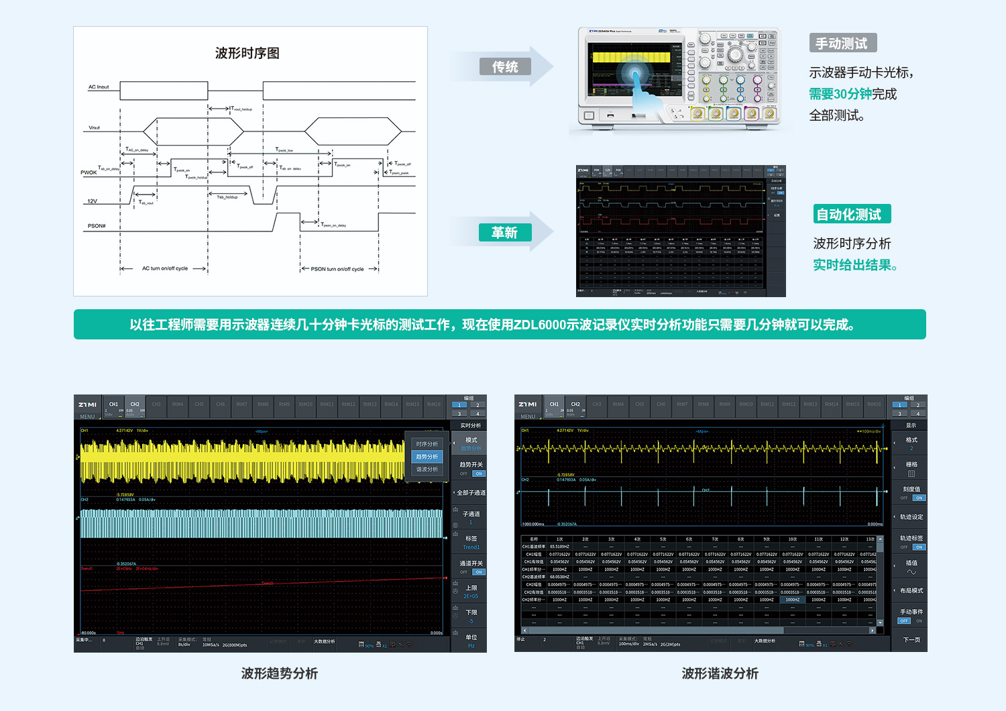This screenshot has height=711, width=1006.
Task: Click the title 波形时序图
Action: pyautogui.click(x=247, y=53)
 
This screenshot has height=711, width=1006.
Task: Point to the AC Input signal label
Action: pyautogui.click(x=98, y=87)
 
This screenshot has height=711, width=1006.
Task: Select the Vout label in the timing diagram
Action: pyautogui.click(x=94, y=127)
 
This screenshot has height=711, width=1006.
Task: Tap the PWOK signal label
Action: pyautogui.click(x=89, y=172)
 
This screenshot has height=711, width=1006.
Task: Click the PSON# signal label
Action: pyautogui.click(x=96, y=226)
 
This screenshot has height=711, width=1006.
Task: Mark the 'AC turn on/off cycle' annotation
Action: pyautogui.click(x=164, y=268)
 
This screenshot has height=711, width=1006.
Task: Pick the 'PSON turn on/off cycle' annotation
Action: pyautogui.click(x=337, y=269)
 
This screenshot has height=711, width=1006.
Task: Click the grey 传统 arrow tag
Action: pyautogui.click(x=505, y=66)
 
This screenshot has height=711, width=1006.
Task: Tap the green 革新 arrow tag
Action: pyautogui.click(x=505, y=232)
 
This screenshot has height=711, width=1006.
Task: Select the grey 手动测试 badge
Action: pyautogui.click(x=842, y=44)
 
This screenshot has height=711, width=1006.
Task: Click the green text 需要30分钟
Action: pyautogui.click(x=840, y=94)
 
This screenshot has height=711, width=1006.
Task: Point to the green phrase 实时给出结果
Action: pyautogui.click(x=852, y=265)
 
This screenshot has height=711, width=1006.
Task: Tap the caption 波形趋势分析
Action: pyautogui.click(x=280, y=673)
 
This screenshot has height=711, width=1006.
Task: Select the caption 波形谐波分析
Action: pyautogui.click(x=720, y=673)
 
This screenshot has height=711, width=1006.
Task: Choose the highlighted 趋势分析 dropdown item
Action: pyautogui.click(x=427, y=457)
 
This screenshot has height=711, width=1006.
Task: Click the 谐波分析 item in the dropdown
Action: pyautogui.click(x=427, y=470)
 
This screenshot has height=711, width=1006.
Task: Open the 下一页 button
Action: pyautogui.click(x=911, y=639)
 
